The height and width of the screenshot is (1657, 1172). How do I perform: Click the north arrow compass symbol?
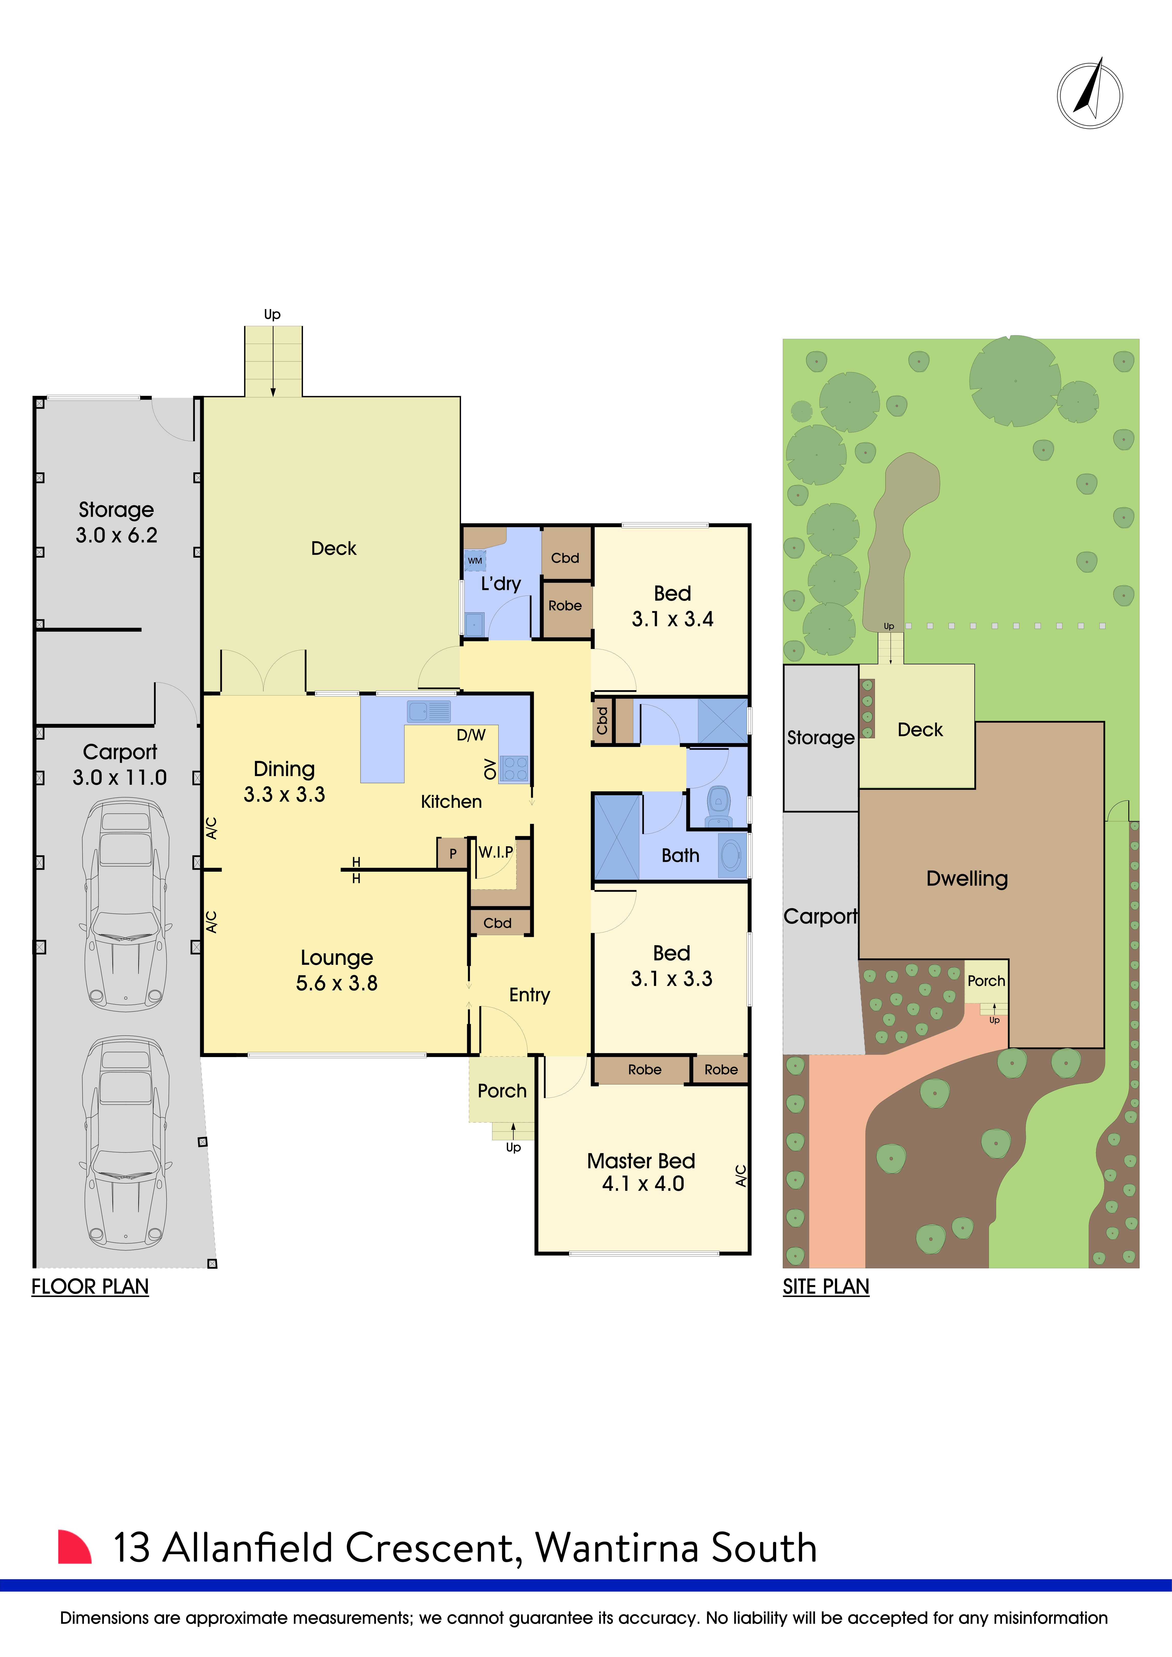[1090, 95]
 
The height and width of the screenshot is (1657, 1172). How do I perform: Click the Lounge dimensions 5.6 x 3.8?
[337, 983]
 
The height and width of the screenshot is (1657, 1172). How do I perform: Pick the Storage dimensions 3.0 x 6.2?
[116, 535]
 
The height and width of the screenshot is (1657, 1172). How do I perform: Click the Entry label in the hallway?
[530, 995]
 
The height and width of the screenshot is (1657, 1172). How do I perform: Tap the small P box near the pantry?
[453, 853]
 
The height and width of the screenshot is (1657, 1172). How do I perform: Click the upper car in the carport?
[126, 904]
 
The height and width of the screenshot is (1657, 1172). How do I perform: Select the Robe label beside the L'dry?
[565, 606]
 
